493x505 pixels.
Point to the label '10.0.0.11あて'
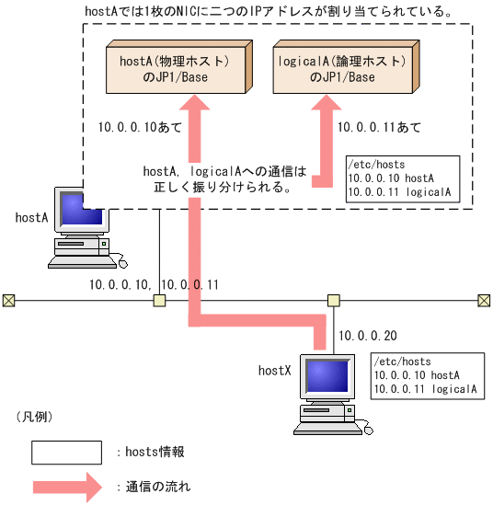379,127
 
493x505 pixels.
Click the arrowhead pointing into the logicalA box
323,107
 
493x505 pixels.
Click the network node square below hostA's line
159,300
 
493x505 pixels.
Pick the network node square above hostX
334,300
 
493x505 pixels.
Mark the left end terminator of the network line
8,300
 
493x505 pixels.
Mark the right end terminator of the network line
484,300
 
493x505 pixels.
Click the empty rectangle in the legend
66,453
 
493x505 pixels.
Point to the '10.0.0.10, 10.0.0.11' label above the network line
154,284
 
